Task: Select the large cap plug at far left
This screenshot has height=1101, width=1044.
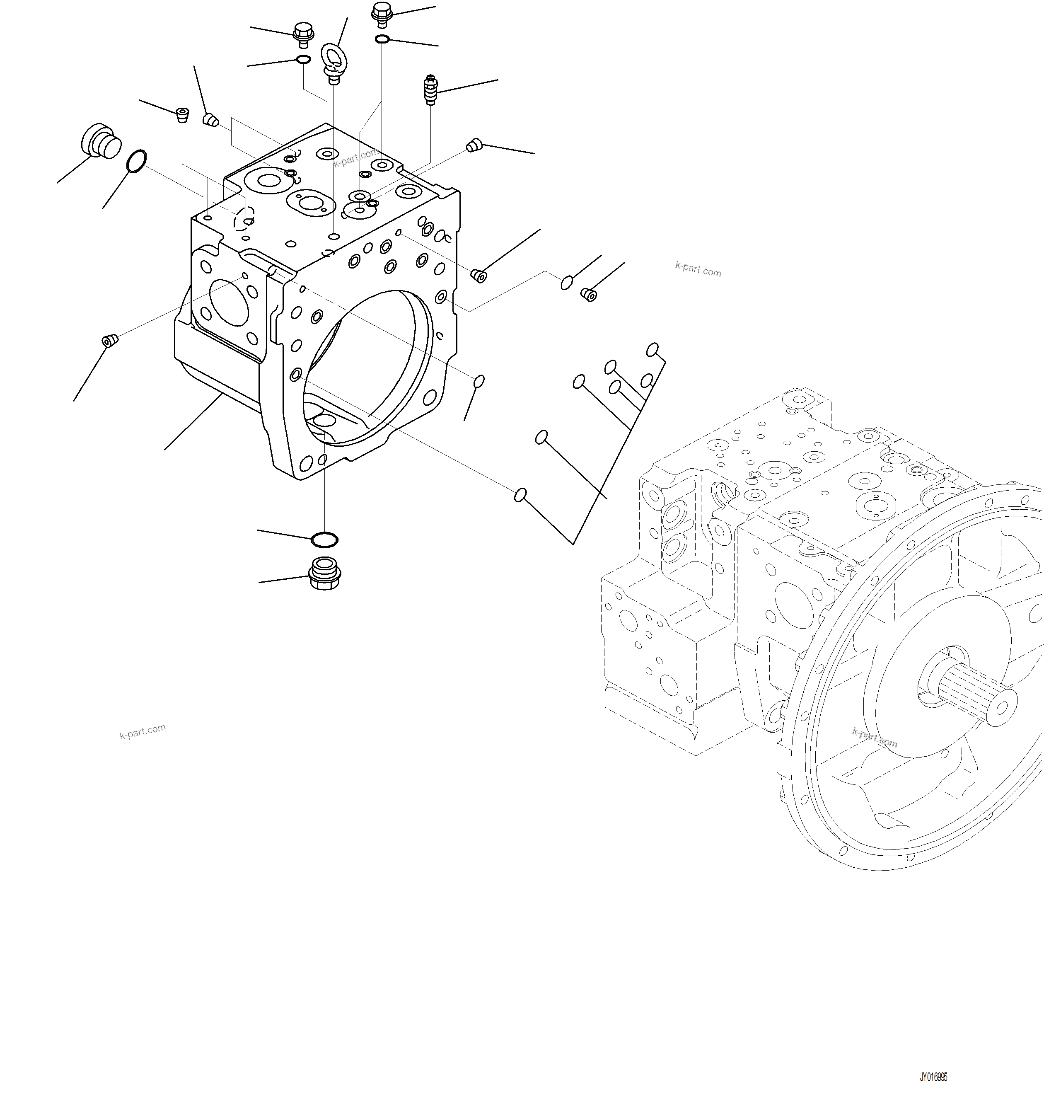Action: coord(101,141)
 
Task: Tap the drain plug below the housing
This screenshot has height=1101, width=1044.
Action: coord(324,573)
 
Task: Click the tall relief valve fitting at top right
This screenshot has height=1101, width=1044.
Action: coord(430,90)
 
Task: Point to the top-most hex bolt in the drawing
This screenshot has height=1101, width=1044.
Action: coord(382,13)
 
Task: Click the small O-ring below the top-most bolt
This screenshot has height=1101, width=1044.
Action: coord(382,39)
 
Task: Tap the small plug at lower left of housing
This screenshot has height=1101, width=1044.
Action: coord(110,340)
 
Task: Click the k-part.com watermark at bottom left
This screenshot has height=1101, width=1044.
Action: coord(143,731)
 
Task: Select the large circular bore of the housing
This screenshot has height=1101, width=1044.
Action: coord(367,368)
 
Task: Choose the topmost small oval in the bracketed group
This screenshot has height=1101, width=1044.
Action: coord(652,349)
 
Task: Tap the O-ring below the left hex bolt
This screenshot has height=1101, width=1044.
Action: coord(303,60)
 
